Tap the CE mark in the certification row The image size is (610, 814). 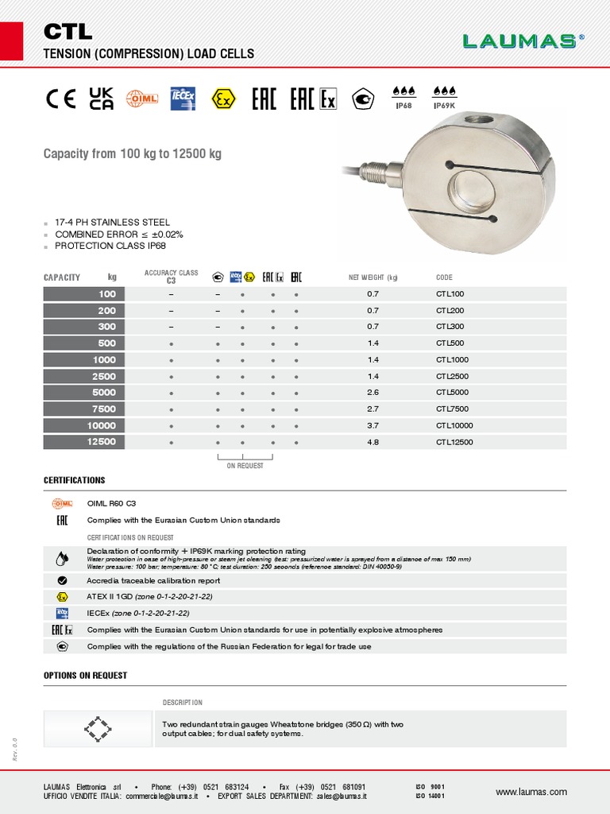point(60,99)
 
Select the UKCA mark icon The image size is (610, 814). point(102,99)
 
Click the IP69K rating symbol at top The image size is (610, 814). point(444,96)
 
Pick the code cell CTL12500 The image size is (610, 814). point(454,442)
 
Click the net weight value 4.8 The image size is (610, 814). point(373,442)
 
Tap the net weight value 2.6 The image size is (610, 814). point(373,393)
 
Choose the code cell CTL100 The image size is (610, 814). point(450,294)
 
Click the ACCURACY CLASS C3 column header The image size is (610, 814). point(171,277)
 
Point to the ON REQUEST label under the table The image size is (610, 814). point(245,466)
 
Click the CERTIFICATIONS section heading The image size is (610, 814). point(74,481)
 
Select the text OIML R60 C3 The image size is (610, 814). point(111,503)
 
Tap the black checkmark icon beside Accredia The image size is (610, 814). point(62,581)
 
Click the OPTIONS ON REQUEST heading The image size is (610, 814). point(85,676)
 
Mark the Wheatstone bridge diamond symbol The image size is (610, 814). point(98,728)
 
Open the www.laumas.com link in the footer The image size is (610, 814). point(531,792)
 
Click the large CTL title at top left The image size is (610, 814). point(68,32)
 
